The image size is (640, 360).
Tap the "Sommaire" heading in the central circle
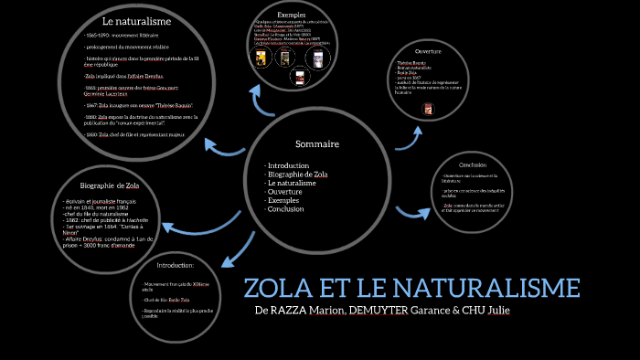point(317,144)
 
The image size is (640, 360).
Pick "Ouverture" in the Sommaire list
point(286,192)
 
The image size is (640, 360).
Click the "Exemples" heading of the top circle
point(292,16)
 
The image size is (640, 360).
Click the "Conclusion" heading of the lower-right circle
point(472,164)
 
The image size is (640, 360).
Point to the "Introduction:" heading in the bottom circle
point(176,265)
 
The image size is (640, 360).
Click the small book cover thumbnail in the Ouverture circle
point(427,110)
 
